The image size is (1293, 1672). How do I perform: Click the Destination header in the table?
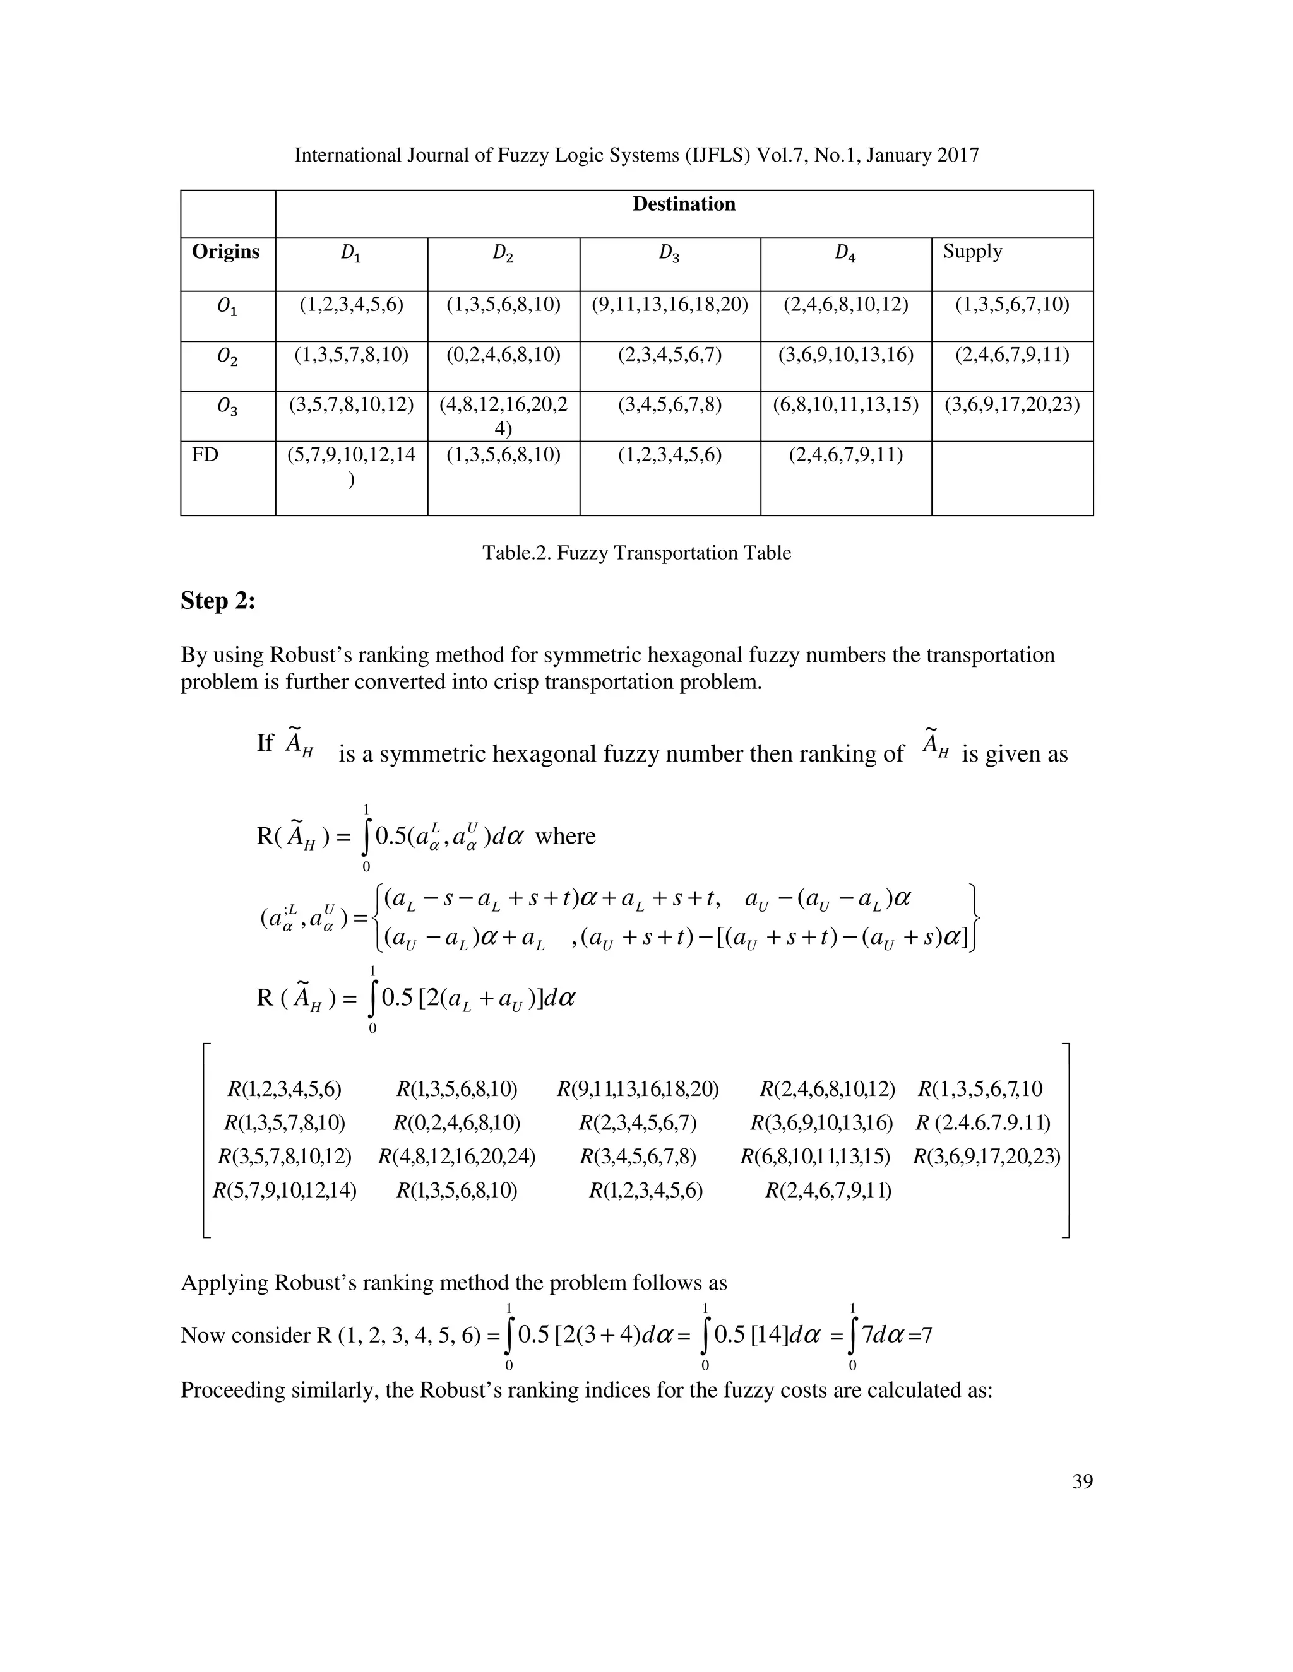(x=683, y=204)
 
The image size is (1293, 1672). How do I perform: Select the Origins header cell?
(x=225, y=252)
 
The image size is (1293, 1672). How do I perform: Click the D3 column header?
(x=669, y=254)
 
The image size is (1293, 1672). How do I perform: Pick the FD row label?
(x=205, y=455)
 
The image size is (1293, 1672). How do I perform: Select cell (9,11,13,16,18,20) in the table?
(x=669, y=305)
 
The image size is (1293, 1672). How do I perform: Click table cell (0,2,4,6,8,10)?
(x=503, y=355)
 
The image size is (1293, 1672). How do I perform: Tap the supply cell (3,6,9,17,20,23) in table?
(x=1012, y=404)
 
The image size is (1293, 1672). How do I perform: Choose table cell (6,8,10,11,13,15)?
(x=845, y=404)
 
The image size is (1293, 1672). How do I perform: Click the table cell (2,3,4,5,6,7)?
(x=669, y=355)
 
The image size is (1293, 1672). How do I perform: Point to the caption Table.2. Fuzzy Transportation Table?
(x=636, y=553)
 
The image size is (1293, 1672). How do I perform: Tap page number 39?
(x=1081, y=1481)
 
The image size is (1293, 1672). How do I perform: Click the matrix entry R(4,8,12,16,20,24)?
(x=456, y=1157)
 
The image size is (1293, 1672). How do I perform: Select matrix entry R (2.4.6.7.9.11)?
(x=983, y=1123)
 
